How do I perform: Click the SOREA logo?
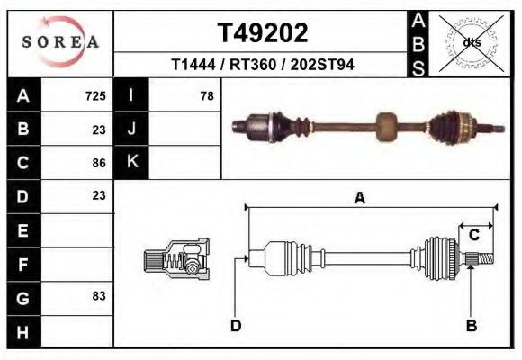[x=60, y=42]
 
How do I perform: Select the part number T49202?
[x=263, y=33]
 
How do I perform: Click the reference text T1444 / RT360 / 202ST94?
[x=263, y=65]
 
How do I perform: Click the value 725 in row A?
[x=95, y=96]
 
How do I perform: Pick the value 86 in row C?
[x=99, y=163]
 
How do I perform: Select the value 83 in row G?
[x=99, y=295]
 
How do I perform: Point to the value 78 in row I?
[x=207, y=96]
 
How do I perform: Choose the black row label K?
[x=131, y=163]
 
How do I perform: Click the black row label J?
[x=131, y=130]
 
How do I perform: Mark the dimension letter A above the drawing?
[x=359, y=199]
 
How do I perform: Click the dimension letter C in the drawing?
[x=473, y=235]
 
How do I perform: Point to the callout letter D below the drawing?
[x=236, y=325]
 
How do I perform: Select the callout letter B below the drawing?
[x=471, y=325]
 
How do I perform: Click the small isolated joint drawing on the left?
[x=177, y=260]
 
